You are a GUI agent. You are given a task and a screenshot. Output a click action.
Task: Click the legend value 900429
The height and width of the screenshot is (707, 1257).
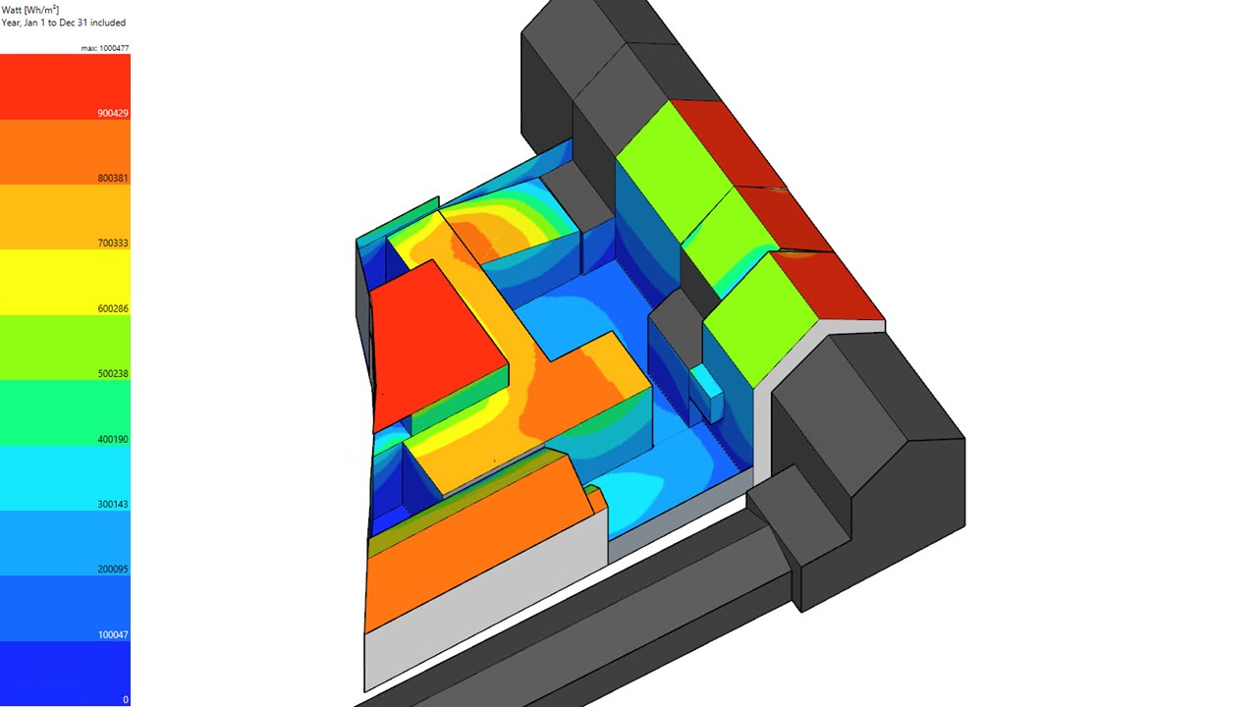point(113,113)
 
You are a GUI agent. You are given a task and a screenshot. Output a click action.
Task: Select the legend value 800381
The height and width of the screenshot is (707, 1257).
point(113,179)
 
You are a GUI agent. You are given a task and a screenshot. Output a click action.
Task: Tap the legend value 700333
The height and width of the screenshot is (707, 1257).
point(113,244)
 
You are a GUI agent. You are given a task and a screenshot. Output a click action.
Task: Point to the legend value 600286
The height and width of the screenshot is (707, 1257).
point(113,308)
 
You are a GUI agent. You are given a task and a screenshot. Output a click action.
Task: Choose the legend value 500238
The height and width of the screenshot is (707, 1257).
point(113,374)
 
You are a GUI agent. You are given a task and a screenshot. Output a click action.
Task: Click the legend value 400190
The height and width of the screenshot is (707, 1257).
point(113,439)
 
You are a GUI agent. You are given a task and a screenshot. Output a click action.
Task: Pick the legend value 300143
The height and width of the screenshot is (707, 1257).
point(113,505)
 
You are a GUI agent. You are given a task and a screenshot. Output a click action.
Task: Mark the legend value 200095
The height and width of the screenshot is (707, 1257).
point(113,570)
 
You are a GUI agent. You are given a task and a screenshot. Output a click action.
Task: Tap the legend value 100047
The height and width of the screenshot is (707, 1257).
point(113,635)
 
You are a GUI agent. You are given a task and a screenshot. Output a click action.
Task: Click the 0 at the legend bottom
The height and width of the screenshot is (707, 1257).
point(126,700)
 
